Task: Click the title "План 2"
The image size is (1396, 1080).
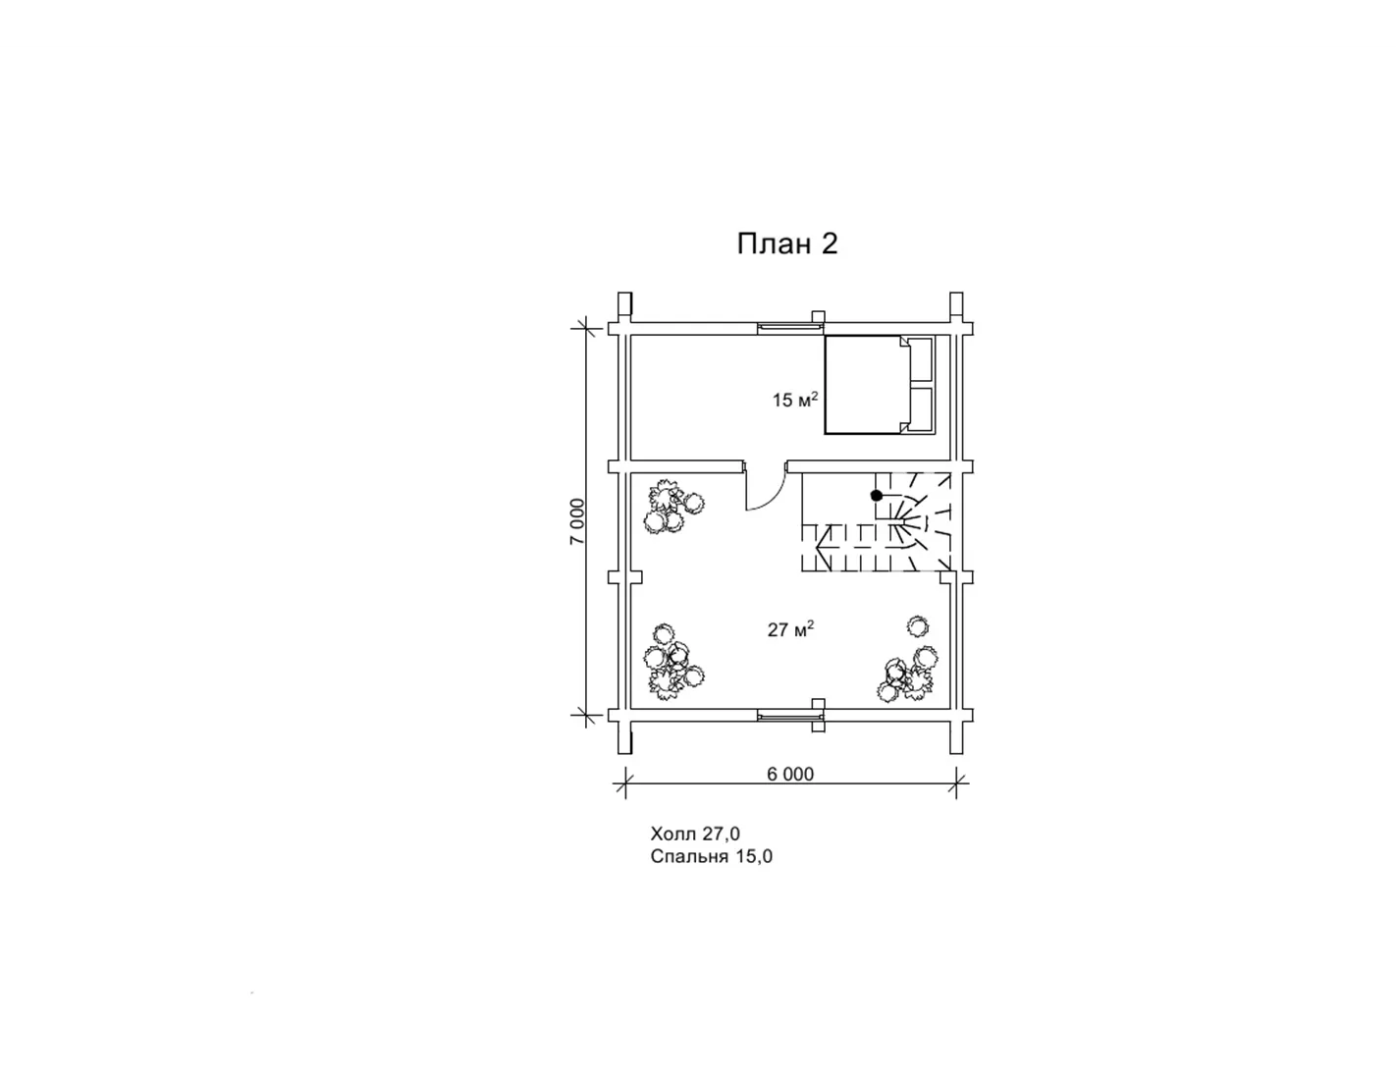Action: [x=786, y=244]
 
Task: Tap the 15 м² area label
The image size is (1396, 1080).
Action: [x=794, y=400]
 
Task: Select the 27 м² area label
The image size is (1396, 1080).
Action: [x=790, y=629]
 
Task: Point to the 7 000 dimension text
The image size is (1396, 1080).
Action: [x=577, y=521]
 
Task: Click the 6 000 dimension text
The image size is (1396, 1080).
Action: [x=790, y=774]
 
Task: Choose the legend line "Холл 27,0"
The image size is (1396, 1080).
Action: [x=695, y=834]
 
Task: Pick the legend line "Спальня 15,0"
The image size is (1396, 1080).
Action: [x=711, y=856]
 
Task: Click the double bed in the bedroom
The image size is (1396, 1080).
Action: [x=879, y=384]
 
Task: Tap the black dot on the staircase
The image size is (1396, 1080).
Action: [x=876, y=496]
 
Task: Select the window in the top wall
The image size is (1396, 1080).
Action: [x=790, y=328]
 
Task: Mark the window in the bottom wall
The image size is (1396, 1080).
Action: [x=790, y=715]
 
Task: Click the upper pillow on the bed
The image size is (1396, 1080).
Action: [x=921, y=359]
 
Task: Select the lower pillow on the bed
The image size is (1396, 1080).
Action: [x=921, y=409]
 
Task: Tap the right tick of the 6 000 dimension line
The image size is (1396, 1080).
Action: [x=956, y=783]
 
